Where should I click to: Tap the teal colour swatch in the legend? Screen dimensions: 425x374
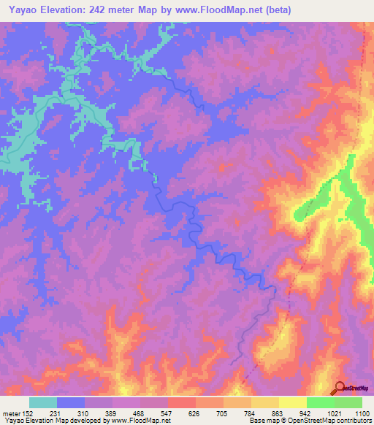[43, 402]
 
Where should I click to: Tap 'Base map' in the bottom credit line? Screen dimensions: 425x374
[263, 421]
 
